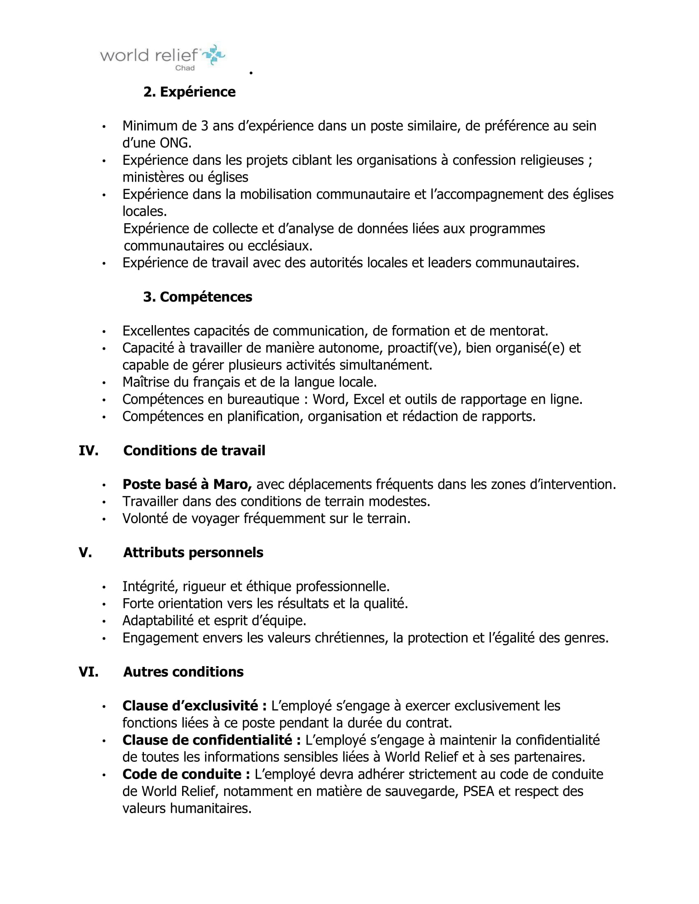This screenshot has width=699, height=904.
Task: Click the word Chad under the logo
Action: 185,68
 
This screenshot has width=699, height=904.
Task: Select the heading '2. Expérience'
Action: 189,92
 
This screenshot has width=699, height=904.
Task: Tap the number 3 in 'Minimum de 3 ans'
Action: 204,125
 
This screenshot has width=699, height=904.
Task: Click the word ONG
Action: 175,143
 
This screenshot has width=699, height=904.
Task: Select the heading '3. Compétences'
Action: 197,297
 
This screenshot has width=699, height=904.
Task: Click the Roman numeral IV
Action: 89,450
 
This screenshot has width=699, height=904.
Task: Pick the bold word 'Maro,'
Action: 232,484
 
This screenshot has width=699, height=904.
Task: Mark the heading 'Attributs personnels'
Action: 193,552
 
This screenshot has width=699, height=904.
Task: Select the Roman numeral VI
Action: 89,671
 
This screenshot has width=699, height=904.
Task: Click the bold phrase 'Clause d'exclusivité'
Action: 194,706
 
